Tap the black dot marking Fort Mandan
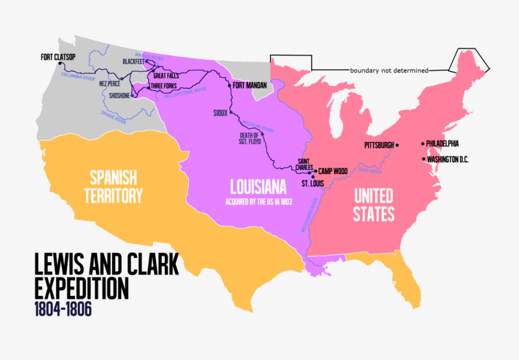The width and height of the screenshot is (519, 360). click(x=230, y=85)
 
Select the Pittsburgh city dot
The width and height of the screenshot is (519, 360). click(x=397, y=145)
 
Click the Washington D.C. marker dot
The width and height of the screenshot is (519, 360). click(x=424, y=159)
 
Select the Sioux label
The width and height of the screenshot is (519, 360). click(x=220, y=112)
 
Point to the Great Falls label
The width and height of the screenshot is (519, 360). click(x=166, y=76)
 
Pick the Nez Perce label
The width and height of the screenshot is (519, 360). click(x=109, y=82)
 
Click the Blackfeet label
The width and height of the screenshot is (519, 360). click(x=133, y=61)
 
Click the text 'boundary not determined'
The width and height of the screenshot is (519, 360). click(x=389, y=70)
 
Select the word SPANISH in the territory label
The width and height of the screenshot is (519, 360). click(x=112, y=176)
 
